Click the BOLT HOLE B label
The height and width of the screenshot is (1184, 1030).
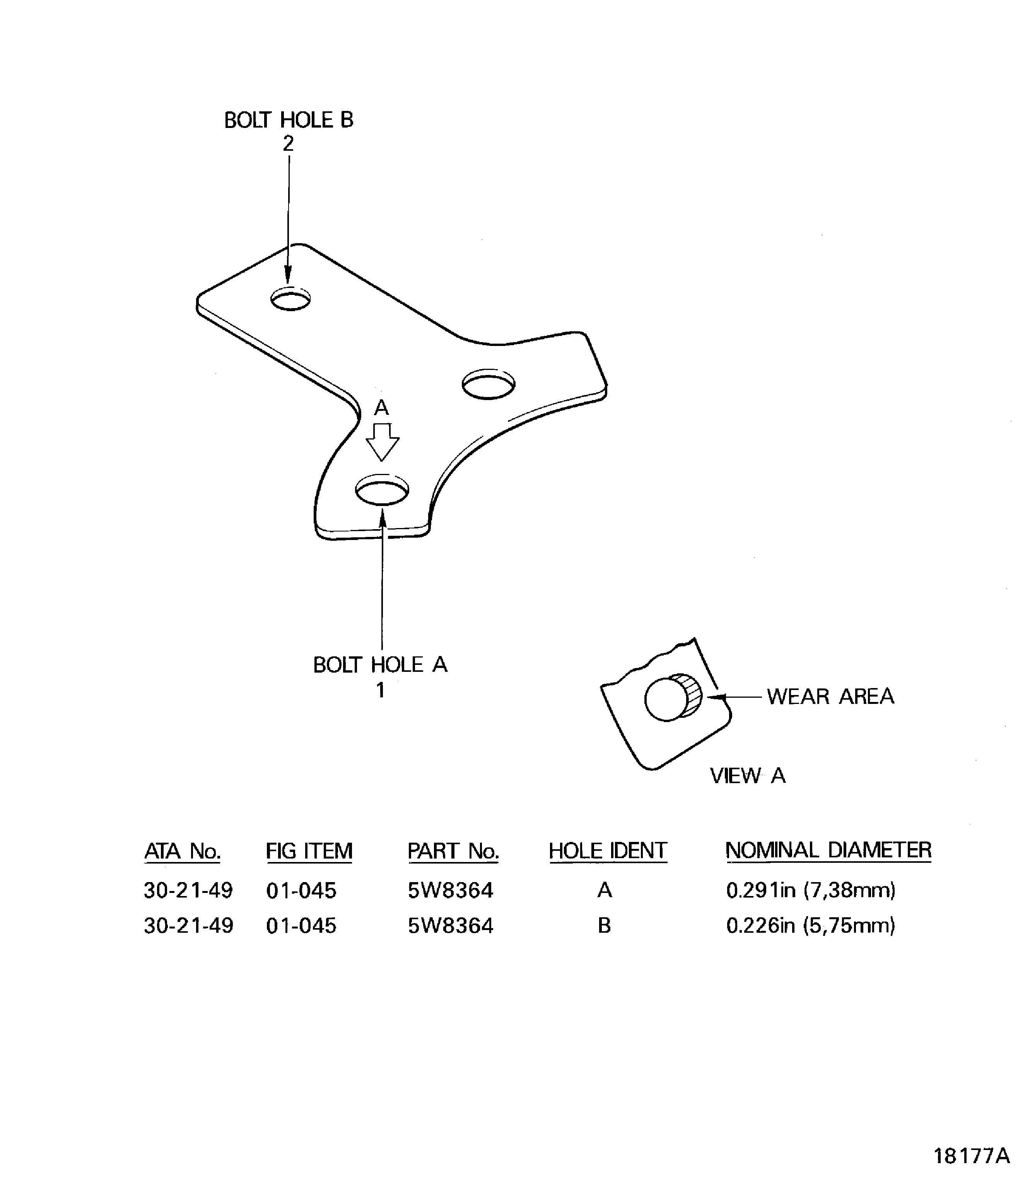point(289,120)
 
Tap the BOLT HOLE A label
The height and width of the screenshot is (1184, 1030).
point(380,665)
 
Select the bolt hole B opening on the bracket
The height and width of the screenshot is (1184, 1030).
point(290,299)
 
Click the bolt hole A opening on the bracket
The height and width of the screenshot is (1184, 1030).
point(382,491)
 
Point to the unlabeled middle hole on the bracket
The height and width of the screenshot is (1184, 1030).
point(489,384)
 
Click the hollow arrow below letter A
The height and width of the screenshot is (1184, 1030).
point(382,441)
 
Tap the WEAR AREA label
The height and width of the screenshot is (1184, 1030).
point(830,696)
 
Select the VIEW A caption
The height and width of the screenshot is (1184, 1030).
point(747,775)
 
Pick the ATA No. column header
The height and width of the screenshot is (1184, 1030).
point(182,851)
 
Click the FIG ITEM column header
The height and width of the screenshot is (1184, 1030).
point(309,851)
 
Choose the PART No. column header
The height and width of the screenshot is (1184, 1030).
point(453,851)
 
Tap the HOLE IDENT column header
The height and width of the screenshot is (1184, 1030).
point(608,851)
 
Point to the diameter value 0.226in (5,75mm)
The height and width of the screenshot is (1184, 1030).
point(810,925)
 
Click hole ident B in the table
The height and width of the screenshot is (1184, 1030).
point(604,925)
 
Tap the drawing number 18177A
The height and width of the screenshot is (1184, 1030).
point(971,1156)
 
